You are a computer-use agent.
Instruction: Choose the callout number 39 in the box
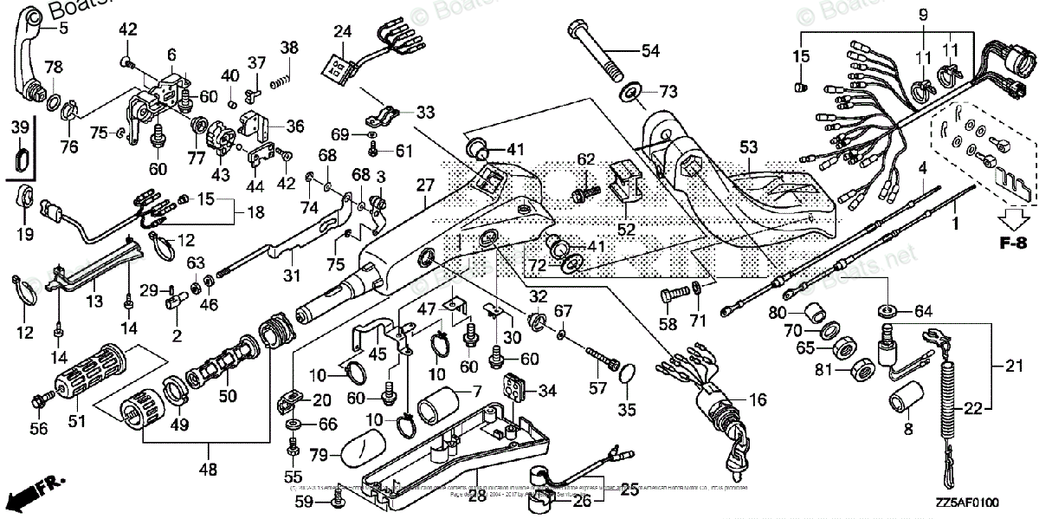tap(18, 128)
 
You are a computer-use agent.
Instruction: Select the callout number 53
tap(747, 148)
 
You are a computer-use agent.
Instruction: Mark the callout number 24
tap(343, 33)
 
